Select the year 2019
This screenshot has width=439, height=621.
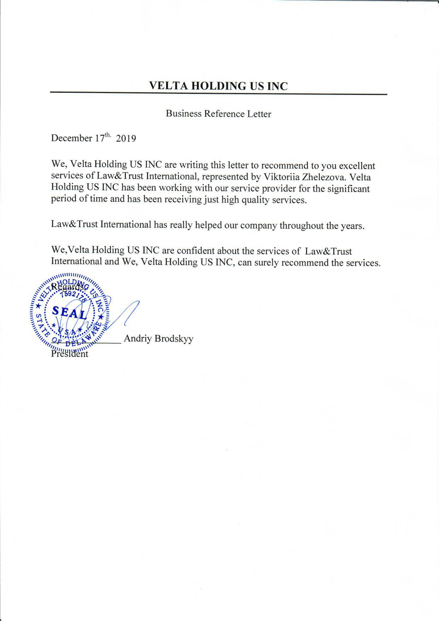point(126,139)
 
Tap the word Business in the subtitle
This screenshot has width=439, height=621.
point(184,114)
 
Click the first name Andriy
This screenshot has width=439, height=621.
point(138,338)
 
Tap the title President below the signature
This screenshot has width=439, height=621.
point(70,353)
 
